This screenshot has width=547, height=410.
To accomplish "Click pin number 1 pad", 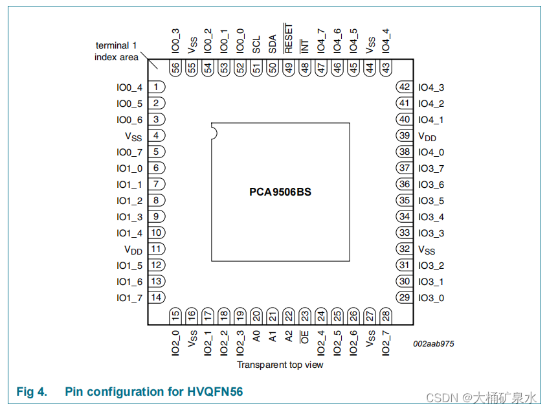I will click(x=156, y=87).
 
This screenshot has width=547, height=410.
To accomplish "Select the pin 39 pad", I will click(x=405, y=136).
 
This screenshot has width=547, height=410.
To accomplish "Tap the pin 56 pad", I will click(x=176, y=67).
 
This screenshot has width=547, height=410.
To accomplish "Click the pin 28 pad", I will click(x=386, y=316).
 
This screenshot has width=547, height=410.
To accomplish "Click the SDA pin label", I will click(x=273, y=45).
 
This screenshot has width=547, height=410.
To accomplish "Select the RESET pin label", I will click(x=289, y=39).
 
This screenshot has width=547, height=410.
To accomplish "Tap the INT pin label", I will click(x=305, y=46).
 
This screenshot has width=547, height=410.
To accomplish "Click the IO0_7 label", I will click(x=129, y=152).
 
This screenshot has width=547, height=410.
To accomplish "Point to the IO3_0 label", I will click(x=431, y=298).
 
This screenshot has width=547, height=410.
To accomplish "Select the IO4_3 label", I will click(x=431, y=87).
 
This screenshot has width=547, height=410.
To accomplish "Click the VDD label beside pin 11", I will click(x=133, y=249).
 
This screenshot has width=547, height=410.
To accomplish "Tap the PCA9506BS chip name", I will click(x=280, y=192).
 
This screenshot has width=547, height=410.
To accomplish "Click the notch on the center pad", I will click(x=214, y=131).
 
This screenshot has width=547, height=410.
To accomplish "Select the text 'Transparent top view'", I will click(x=280, y=365).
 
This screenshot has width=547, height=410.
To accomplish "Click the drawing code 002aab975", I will click(x=433, y=344).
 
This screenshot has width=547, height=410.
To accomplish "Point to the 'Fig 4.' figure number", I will click(x=32, y=392).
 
